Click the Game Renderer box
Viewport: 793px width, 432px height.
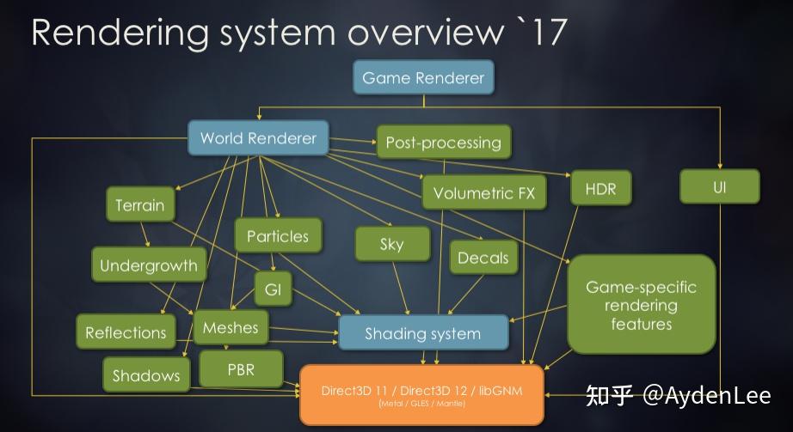point(423,77)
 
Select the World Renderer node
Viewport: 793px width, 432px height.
point(258,137)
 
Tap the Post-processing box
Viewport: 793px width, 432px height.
point(443,142)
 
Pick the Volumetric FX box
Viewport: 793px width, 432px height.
point(483,192)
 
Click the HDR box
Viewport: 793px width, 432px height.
point(600,188)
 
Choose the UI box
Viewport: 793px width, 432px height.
point(720,186)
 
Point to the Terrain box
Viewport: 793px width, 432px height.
point(140,205)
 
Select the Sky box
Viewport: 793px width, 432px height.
point(391,244)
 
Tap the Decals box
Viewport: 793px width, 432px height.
point(483,257)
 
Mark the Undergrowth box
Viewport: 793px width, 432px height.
point(148,265)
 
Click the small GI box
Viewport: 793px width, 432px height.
point(273,289)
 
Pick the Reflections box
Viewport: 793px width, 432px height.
point(126,332)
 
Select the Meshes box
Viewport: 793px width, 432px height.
point(231,327)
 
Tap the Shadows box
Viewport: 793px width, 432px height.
point(146,374)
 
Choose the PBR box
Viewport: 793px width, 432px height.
point(240,369)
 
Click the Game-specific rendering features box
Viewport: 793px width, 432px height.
point(641,304)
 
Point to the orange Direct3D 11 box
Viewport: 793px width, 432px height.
point(421,394)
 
